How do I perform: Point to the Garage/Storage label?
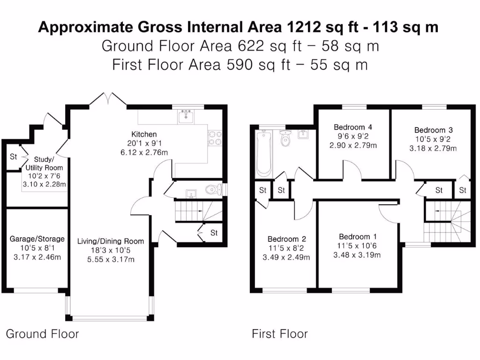pos(37,239)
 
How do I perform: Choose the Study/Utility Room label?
pos(45,163)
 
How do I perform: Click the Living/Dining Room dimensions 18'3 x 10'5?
pos(111,250)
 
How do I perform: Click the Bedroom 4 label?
pos(353,127)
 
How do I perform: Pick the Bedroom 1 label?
pos(358,236)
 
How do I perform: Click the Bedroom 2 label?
pos(286,239)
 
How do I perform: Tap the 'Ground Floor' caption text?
pos(42,334)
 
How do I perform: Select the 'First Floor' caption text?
pos(280,334)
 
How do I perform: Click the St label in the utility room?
pos(13,157)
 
